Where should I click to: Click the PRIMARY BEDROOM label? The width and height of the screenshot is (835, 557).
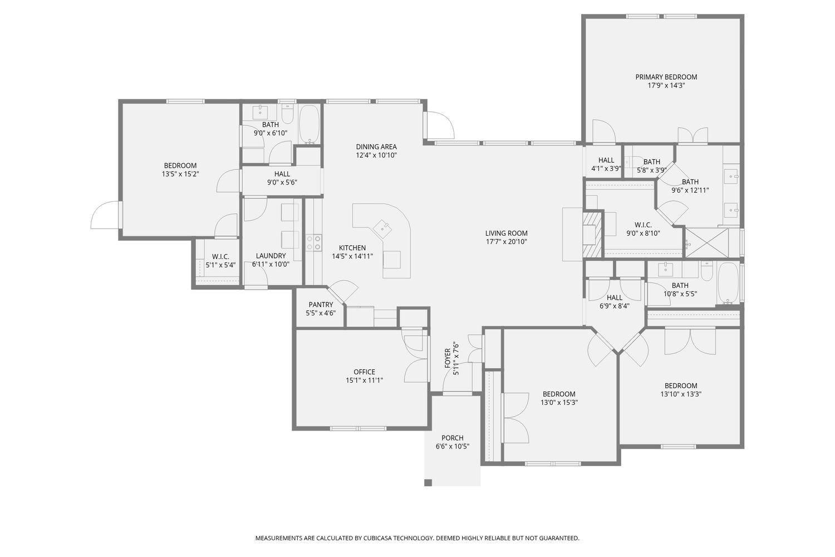tap(666, 77)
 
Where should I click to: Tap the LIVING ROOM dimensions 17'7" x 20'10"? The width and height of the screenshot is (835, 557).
tap(506, 242)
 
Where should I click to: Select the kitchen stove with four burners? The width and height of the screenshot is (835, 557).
tap(313, 242)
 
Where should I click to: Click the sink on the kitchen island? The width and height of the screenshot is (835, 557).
tap(383, 227)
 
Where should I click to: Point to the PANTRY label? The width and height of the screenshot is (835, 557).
tap(321, 305)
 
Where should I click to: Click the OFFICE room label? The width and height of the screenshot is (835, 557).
tap(364, 372)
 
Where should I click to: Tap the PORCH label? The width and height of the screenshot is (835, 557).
tap(452, 438)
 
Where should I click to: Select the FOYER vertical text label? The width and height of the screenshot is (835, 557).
tap(448, 358)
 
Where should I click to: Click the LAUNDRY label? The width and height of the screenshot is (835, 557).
tap(271, 256)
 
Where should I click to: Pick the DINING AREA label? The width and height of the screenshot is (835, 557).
tap(376, 147)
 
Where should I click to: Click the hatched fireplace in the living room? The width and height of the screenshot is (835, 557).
tap(592, 234)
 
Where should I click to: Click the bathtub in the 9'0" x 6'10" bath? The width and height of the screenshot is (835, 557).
tap(309, 125)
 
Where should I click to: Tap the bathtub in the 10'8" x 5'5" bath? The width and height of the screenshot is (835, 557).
tap(729, 283)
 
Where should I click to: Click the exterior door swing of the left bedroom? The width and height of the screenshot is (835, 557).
tap(105, 216)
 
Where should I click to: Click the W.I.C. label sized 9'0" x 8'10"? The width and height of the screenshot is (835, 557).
tap(643, 225)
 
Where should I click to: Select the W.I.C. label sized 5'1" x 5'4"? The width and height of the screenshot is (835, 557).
tap(220, 257)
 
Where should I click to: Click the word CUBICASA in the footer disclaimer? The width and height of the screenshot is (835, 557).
tap(378, 538)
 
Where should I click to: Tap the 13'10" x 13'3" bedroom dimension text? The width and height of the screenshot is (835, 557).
tap(680, 394)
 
